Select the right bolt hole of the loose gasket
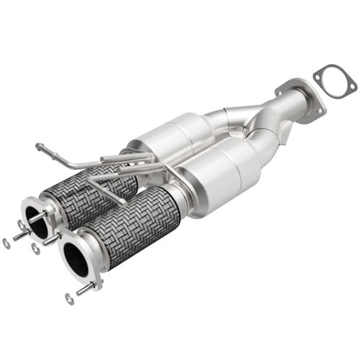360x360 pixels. point(350,92)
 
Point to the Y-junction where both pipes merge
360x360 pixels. point(251,121)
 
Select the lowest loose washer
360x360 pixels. point(69,299)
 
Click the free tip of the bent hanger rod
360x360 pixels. point(38,145)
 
